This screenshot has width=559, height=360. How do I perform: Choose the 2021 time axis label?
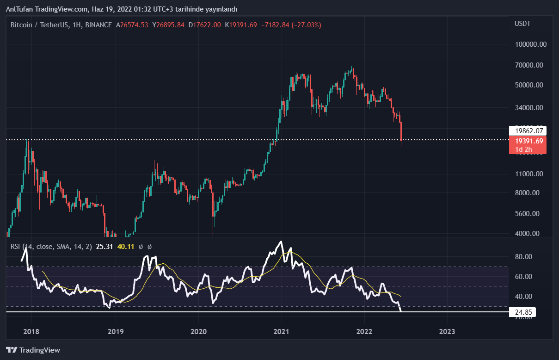point(281,331)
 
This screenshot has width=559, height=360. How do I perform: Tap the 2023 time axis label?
point(447,331)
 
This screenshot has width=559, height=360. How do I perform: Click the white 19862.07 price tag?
point(528,130)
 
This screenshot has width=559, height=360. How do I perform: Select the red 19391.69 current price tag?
point(528,141)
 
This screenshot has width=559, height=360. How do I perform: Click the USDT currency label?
point(522,24)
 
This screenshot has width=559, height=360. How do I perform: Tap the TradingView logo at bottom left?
point(33,350)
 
